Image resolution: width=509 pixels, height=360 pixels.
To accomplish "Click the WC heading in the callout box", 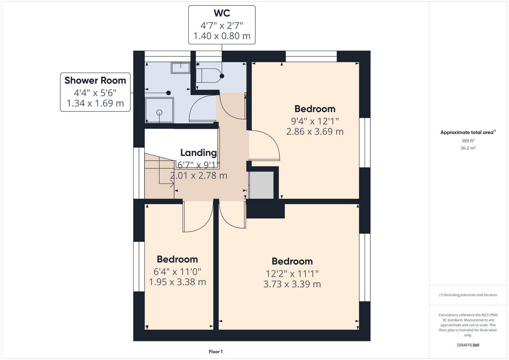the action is [x=222, y=13].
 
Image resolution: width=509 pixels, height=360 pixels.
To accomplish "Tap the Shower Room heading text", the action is [x=95, y=80].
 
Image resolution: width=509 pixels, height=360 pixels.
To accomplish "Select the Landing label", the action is [x=198, y=153].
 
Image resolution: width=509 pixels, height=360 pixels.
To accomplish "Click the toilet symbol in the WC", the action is [x=208, y=75].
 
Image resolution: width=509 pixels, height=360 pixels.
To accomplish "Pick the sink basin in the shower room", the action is [x=180, y=68].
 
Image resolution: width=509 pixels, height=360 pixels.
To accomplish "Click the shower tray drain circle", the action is [x=159, y=112].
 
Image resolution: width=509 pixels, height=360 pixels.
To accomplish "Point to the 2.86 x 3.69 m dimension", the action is [x=315, y=131].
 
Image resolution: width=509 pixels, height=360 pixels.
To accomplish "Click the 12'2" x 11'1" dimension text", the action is [x=292, y=274].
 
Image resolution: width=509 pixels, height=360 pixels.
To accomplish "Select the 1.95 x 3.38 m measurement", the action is [x=178, y=282].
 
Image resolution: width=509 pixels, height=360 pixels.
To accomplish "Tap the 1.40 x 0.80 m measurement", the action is [x=222, y=36].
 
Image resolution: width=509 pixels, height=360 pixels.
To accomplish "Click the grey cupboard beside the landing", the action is [x=261, y=185].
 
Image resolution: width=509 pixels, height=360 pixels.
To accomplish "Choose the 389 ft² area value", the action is [x=468, y=141].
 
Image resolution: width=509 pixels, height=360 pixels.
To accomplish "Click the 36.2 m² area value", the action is [x=468, y=148].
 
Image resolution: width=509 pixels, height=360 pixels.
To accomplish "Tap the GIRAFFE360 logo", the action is [x=468, y=345].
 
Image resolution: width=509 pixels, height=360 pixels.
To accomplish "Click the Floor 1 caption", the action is [x=216, y=352].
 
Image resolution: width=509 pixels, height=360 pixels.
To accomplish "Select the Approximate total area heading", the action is [x=468, y=132].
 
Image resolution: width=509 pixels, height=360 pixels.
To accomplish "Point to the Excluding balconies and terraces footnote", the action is [x=468, y=295].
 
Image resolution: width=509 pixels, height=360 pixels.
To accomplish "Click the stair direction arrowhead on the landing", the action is [x=173, y=184].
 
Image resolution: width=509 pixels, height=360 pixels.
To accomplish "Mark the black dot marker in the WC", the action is [x=222, y=76].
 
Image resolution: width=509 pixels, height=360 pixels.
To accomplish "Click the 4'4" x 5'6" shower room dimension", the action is [x=95, y=93].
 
